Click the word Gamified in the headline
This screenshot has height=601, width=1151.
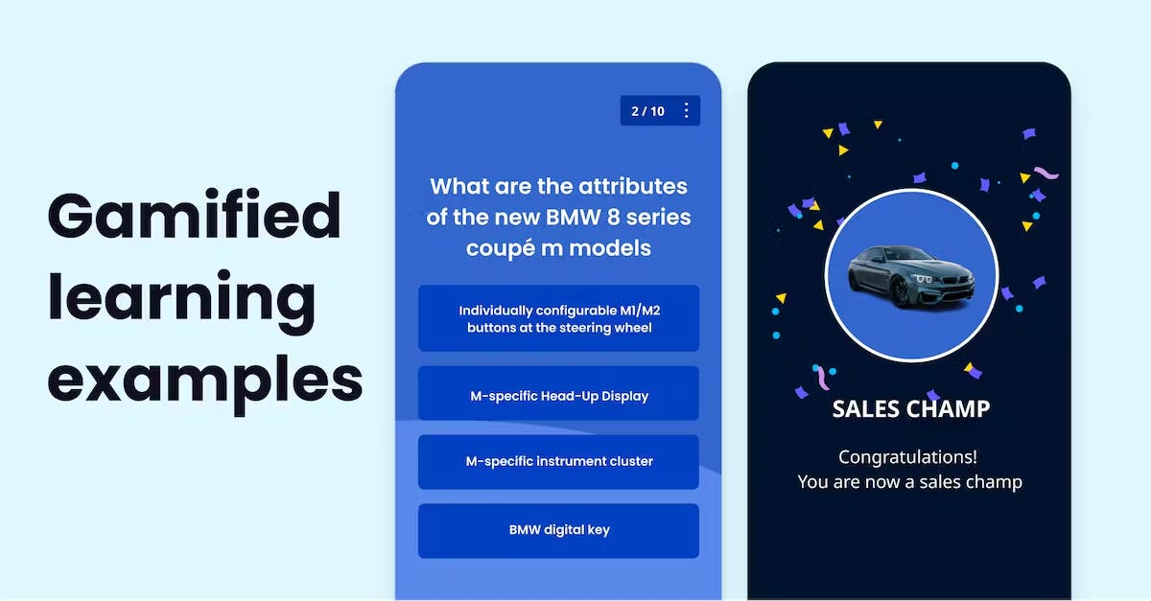pos(194,216)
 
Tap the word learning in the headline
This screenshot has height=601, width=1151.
pos(181,302)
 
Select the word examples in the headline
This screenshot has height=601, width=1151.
pos(205,383)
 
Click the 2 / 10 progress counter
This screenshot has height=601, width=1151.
pos(648,111)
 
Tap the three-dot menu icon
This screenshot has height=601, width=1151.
pos(687,110)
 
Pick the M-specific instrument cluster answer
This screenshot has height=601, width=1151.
pos(558,462)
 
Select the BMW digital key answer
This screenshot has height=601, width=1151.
pos(558,531)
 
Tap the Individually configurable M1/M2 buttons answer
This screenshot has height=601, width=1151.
pos(558,318)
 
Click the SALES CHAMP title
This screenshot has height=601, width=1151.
pos(910,409)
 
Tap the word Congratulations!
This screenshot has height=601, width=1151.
pos(908,456)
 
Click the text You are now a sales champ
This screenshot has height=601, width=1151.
pos(909,482)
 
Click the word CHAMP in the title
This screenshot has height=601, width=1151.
pos(948,409)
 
